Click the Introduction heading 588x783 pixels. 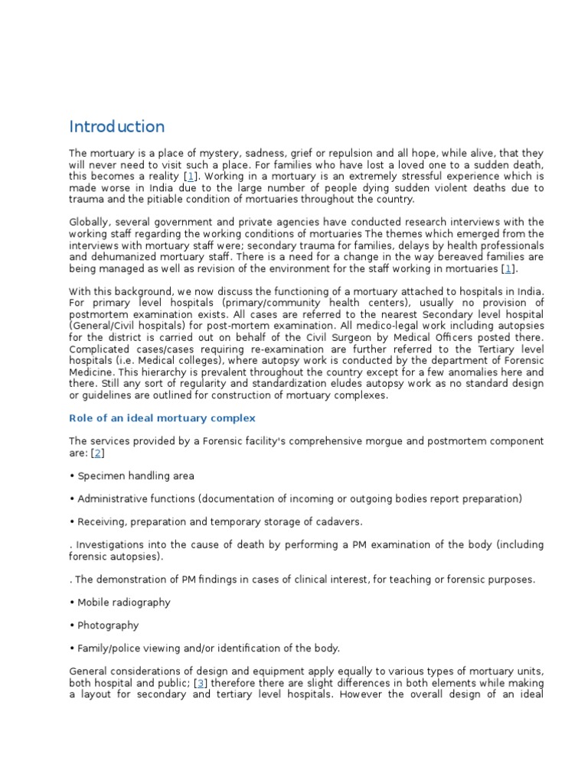coord(116,127)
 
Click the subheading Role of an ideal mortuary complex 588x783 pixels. coord(162,418)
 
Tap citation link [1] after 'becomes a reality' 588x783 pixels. coord(190,176)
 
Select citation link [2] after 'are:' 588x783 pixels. coord(97,453)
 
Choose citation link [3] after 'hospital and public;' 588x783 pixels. coord(201,683)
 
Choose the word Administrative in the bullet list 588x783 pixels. coord(116,499)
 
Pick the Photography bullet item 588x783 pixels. coord(107,625)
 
